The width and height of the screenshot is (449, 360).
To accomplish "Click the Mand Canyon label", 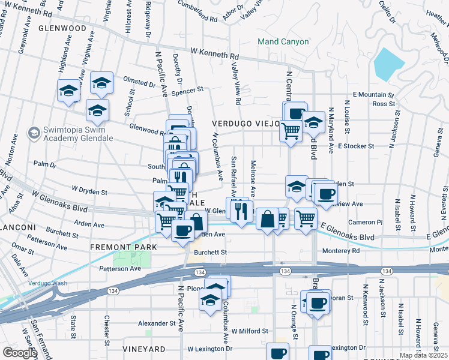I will [x=283, y=42].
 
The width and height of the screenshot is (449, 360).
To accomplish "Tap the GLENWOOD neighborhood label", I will [x=62, y=28].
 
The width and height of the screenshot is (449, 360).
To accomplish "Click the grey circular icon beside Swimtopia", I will [x=34, y=131].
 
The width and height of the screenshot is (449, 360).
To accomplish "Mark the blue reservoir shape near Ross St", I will [x=389, y=64].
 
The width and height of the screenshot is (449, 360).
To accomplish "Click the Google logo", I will [x=19, y=353].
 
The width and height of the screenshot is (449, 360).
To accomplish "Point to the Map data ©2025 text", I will [x=423, y=355].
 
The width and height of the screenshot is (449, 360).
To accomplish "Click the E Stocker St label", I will [x=355, y=146].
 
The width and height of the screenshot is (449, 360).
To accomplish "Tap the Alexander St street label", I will [x=155, y=323].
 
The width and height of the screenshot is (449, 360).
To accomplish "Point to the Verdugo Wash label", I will [x=44, y=283].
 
